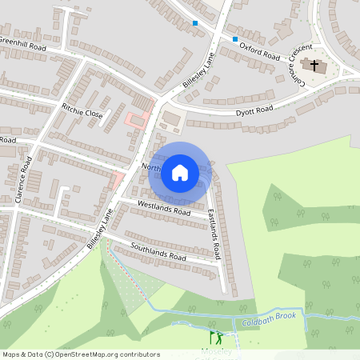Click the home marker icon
point(180,172)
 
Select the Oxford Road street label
point(261,51)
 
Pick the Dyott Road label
point(254,110)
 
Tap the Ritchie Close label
point(82,110)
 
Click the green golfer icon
point(214,337)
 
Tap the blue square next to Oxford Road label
point(235,38)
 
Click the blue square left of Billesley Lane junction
point(196,23)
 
